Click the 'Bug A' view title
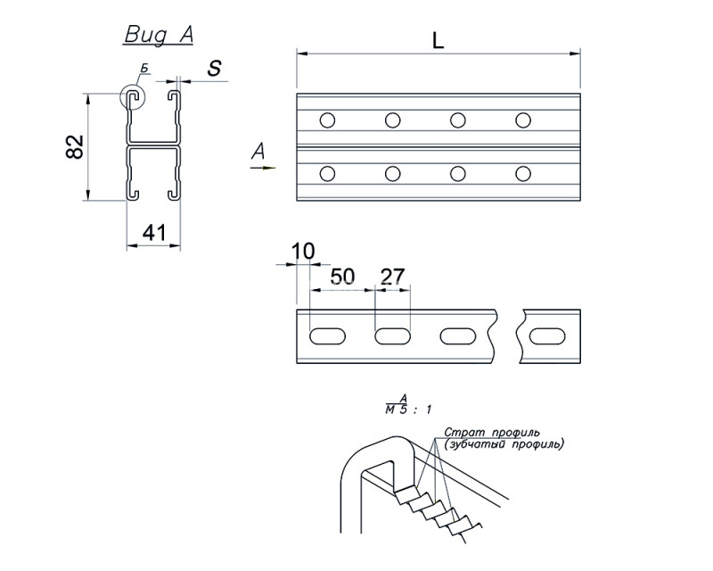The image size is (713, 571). [159, 35]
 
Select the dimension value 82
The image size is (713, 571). [75, 146]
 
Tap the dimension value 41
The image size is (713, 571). [154, 233]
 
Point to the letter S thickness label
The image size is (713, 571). [214, 68]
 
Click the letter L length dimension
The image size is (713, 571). [438, 41]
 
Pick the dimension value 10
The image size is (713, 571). [302, 251]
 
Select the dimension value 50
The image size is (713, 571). [342, 276]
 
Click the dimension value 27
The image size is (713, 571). [392, 276]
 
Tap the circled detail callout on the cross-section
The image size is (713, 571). [132, 96]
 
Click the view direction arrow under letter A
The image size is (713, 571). [263, 168]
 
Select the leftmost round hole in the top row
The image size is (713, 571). [327, 120]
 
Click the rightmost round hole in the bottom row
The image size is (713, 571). [523, 174]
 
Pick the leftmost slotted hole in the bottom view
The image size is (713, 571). [327, 336]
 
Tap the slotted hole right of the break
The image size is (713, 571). [547, 336]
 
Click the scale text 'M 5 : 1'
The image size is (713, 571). [408, 410]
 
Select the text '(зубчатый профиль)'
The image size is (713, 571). [504, 444]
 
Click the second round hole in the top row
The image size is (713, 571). [392, 120]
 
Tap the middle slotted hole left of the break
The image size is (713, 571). [392, 336]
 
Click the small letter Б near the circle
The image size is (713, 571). [144, 69]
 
